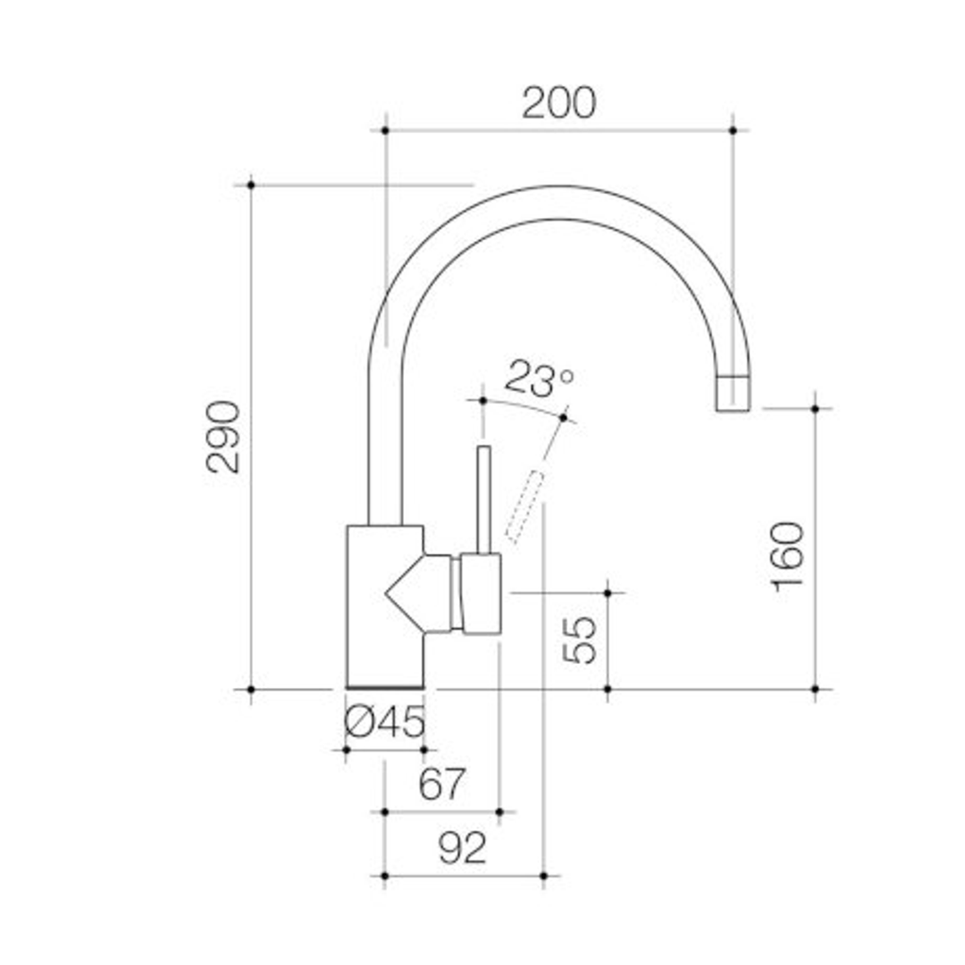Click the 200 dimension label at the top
tap(558, 104)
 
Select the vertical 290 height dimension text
tap(223, 437)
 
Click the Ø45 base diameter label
tap(385, 722)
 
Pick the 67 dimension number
tap(442, 785)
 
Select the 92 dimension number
tap(463, 847)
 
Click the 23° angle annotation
tap(538, 379)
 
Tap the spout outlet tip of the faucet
tap(734, 394)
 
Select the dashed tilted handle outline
tap(524, 506)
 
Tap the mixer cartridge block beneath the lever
tap(481, 593)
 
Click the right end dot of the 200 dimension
tap(733, 130)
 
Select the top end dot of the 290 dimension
tap(251, 185)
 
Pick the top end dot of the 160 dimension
tap(815, 408)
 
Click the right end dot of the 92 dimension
tap(543, 875)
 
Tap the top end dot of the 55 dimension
tap(608, 592)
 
